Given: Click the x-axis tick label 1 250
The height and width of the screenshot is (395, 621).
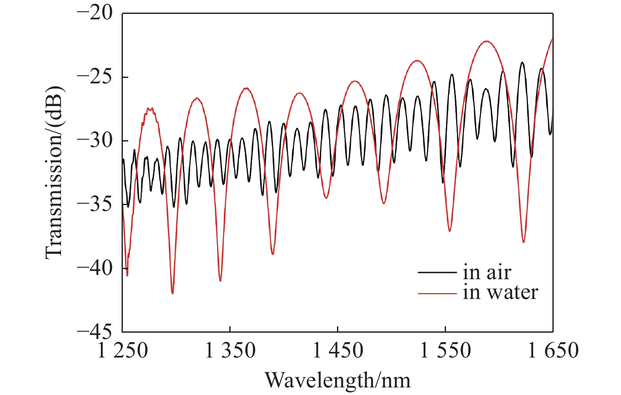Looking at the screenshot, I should [x=122, y=350].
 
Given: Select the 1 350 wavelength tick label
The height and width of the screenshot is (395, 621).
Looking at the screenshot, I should [x=230, y=350].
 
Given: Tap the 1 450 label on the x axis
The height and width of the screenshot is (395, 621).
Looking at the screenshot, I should [x=338, y=350].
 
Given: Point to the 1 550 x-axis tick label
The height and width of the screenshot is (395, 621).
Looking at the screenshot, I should [x=446, y=350].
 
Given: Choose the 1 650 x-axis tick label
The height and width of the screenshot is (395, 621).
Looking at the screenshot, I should [x=553, y=350].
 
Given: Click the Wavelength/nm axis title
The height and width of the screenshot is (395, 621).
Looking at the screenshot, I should [x=337, y=380].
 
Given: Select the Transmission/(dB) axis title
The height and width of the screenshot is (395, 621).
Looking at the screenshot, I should [x=53, y=172].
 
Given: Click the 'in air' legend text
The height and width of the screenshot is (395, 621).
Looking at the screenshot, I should [x=487, y=272].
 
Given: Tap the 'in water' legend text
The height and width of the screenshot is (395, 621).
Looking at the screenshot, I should [x=500, y=292].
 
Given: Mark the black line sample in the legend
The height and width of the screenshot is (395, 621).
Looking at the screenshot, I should [x=437, y=272].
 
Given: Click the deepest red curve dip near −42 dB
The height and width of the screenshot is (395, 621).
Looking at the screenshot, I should [x=172, y=293].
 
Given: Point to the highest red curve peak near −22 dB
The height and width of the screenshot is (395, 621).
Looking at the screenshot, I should [x=487, y=41].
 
